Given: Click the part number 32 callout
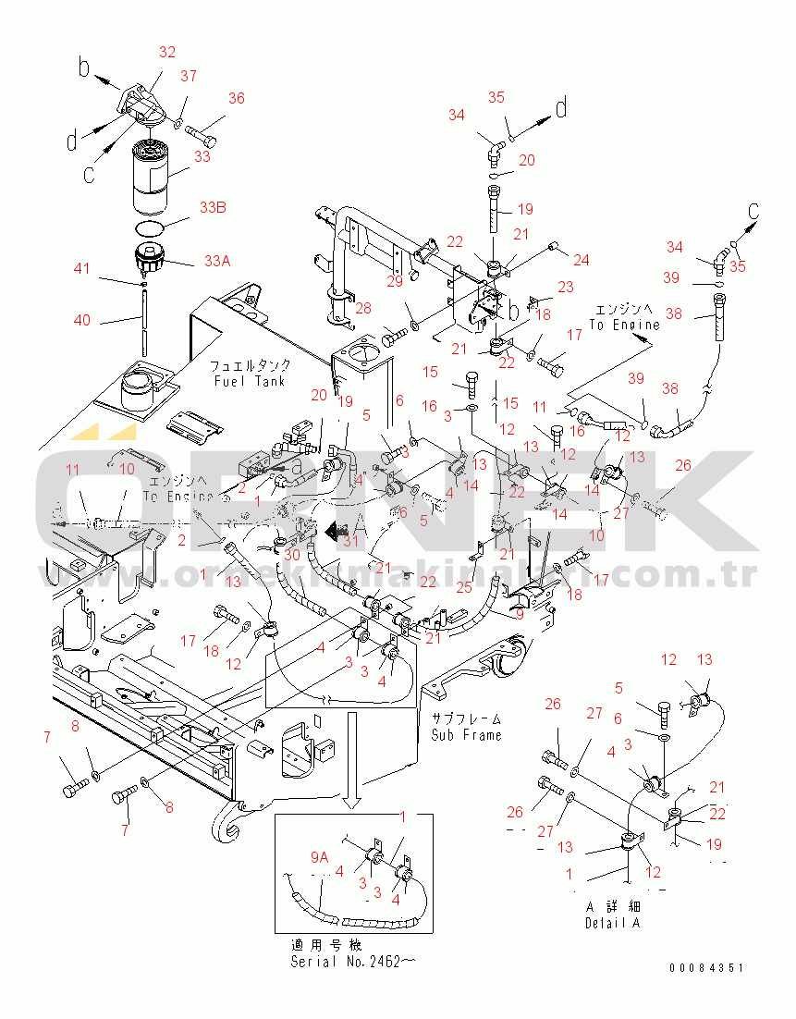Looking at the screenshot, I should click(x=166, y=53).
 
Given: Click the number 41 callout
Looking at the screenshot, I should click(x=83, y=269).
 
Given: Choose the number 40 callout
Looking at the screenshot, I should click(x=83, y=320).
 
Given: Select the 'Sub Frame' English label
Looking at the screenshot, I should click(x=466, y=735).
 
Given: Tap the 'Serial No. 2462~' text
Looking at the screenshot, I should click(x=352, y=962).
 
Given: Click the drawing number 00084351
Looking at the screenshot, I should click(x=707, y=968).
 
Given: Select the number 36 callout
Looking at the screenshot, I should click(x=237, y=99).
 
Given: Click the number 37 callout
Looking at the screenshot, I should click(x=189, y=76).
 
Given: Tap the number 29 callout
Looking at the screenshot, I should click(x=395, y=280).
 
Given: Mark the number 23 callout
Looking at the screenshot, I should click(x=565, y=288).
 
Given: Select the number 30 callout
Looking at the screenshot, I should click(x=292, y=555).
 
